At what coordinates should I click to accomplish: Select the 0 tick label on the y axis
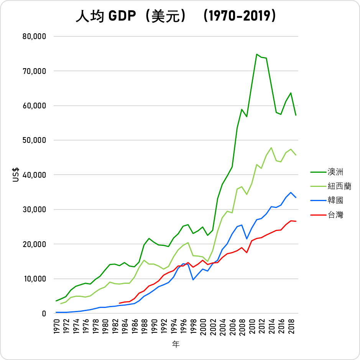coord(44,313)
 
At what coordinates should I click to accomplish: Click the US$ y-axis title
coord(16,175)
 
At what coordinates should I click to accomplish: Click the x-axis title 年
coord(176,344)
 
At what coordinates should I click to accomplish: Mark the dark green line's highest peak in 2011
coord(256,54)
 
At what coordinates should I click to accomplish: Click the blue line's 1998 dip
coord(193,280)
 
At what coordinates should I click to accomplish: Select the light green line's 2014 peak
coord(271,147)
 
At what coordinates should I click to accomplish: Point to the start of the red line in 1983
coord(120,303)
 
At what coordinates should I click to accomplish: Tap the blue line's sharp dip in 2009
coord(247,239)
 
